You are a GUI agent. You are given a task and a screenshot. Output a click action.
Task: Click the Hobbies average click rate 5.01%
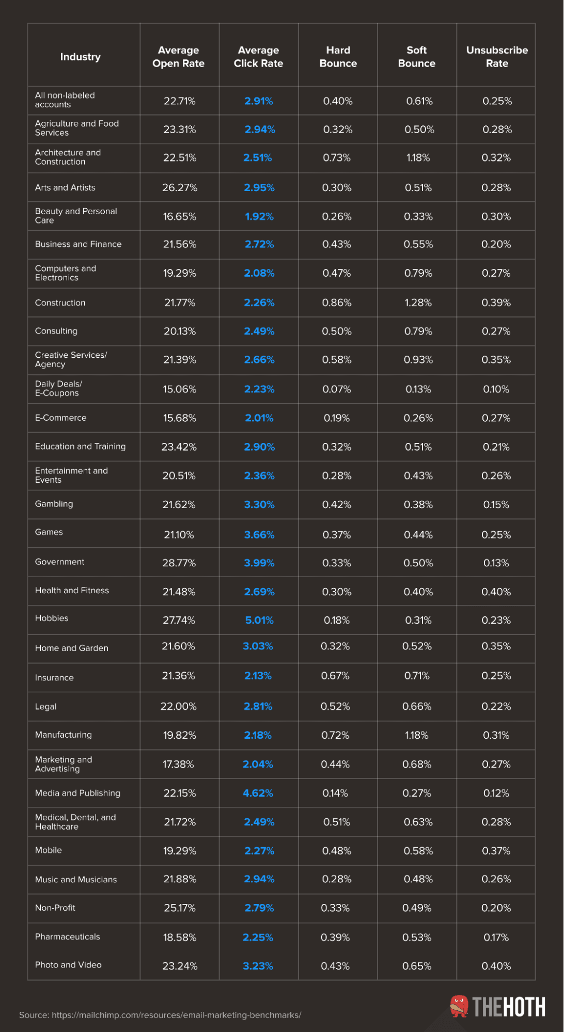click(259, 620)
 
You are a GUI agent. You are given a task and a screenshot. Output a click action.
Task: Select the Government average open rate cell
click(179, 563)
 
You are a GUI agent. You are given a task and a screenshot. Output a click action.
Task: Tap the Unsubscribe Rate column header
click(497, 57)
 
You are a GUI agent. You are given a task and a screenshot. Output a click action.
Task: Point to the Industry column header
click(81, 57)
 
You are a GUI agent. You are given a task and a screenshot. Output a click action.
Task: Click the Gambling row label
click(54, 504)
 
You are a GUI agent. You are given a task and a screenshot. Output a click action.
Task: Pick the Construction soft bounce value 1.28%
click(418, 303)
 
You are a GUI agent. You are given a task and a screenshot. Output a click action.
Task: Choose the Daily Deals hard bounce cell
click(337, 389)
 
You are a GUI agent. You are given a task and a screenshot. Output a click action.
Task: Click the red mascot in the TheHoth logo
click(459, 1006)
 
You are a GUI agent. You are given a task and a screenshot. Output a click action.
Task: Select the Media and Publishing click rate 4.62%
click(258, 793)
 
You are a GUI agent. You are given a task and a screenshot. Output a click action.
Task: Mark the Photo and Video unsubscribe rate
click(496, 966)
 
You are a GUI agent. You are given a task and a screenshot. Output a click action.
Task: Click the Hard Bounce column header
click(338, 57)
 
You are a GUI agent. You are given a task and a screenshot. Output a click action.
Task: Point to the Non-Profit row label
click(55, 908)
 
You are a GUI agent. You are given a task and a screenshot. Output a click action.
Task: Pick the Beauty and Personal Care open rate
click(180, 216)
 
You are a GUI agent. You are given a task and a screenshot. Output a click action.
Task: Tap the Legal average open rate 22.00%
click(179, 706)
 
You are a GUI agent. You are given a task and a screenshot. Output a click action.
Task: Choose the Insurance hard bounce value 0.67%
click(335, 676)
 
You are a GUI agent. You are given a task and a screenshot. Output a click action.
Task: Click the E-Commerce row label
click(61, 418)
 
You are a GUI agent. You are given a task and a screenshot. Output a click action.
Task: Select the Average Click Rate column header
click(258, 57)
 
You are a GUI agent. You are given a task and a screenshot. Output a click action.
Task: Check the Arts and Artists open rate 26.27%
click(180, 187)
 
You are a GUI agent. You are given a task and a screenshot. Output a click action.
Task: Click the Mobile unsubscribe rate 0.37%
click(496, 851)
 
